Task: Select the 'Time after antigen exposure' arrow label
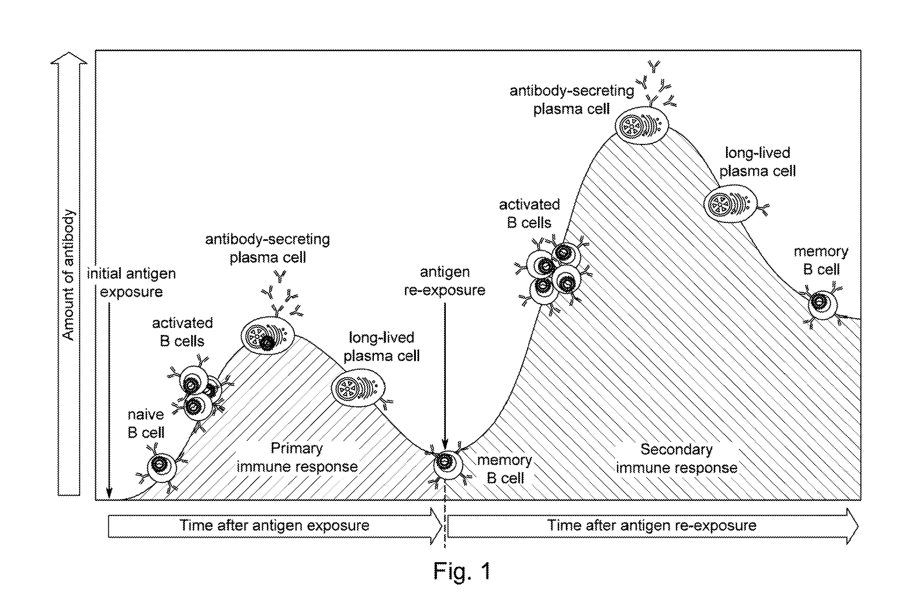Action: click(x=274, y=525)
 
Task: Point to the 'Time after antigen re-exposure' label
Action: click(x=652, y=525)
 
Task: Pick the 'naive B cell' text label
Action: click(x=146, y=423)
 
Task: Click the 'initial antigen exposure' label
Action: click(x=131, y=282)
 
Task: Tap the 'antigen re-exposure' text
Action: click(x=445, y=281)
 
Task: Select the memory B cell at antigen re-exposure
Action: click(x=448, y=464)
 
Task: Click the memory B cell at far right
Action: click(x=822, y=304)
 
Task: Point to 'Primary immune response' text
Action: click(x=297, y=457)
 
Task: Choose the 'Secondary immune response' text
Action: click(x=677, y=459)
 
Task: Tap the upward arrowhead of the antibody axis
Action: click(x=69, y=58)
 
